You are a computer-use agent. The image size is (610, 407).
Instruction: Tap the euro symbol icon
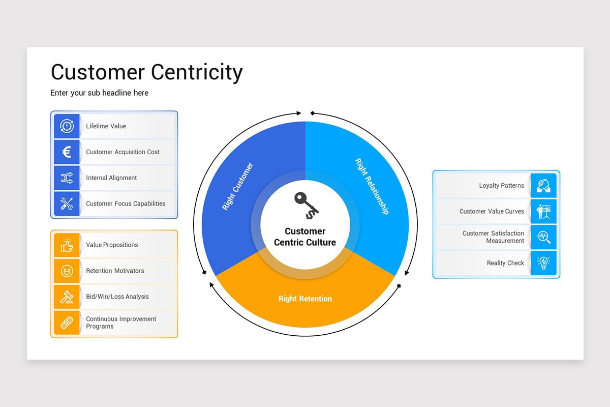pos(67,152)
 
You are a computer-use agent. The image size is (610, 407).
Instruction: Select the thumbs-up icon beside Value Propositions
pos(67,245)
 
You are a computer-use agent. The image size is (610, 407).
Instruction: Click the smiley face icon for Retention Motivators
pos(67,271)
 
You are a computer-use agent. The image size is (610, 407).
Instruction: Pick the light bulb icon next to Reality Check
pos(543,263)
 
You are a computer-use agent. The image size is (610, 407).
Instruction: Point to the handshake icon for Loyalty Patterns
pos(543,186)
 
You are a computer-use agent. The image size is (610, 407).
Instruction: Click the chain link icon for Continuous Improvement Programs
pos(67,323)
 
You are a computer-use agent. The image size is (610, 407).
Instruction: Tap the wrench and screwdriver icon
pos(67,204)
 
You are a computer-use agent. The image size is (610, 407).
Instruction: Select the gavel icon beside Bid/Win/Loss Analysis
pos(67,297)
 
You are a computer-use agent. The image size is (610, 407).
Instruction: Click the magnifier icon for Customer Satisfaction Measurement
pos(543,237)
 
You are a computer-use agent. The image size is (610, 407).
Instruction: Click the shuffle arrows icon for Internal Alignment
pos(67,178)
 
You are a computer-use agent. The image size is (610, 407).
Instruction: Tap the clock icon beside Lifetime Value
pos(67,126)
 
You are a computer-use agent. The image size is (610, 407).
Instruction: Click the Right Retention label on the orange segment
pos(305,299)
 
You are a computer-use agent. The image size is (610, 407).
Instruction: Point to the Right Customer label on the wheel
pos(237,187)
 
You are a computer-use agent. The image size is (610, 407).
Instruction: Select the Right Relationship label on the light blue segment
pos(372,187)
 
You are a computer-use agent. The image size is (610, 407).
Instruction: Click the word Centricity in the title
pos(194,72)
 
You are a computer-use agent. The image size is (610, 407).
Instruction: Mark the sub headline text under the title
pos(100,93)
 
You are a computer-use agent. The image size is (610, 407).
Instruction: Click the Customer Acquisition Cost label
pos(123,152)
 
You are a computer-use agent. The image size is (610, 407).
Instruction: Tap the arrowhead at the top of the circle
pos(299,113)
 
